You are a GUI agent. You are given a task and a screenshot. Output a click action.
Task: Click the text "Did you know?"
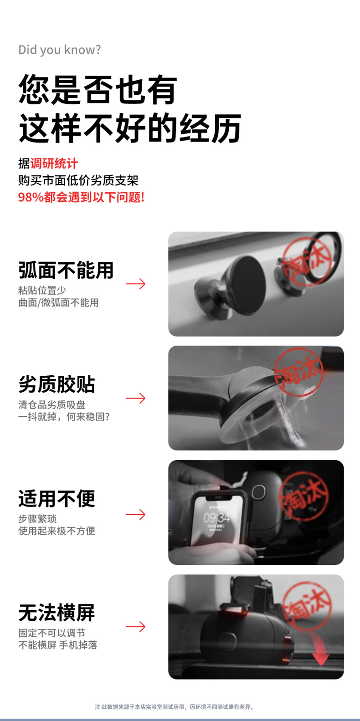[60, 50]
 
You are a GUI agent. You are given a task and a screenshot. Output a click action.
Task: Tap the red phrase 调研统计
[54, 164]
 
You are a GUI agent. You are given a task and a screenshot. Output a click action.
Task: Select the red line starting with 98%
[81, 197]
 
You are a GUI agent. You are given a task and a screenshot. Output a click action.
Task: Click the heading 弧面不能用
[66, 270]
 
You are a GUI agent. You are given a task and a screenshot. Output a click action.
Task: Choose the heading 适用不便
[57, 498]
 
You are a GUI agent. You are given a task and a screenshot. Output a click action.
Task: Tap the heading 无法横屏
[57, 612]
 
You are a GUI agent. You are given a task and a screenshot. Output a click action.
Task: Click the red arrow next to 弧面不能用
[135, 284]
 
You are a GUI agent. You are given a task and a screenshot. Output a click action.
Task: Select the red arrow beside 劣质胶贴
[135, 398]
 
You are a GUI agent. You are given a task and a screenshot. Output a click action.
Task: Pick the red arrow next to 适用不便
[135, 514]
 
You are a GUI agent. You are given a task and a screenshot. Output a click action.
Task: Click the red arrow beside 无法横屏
[135, 627]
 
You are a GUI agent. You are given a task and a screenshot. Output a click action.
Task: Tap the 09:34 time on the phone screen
[217, 517]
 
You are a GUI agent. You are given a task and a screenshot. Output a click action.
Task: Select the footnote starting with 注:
[174, 707]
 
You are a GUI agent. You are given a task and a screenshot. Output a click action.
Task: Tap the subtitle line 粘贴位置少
[42, 290]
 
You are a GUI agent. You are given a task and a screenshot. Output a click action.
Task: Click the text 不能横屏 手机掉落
[58, 645]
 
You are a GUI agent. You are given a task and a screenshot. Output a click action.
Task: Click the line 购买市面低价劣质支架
[78, 180]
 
